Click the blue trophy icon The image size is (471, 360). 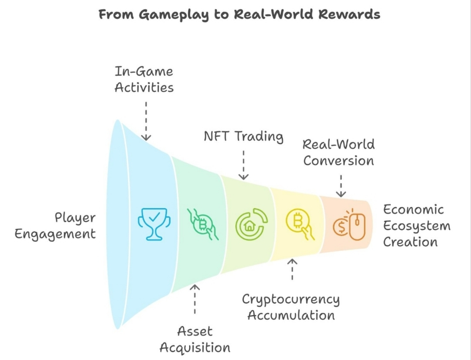click(154, 223)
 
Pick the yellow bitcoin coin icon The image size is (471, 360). click(300, 223)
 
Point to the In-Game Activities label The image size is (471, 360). click(144, 79)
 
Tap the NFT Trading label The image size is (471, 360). click(243, 137)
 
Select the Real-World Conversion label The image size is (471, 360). click(339, 152)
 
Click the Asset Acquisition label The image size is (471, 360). click(195, 339)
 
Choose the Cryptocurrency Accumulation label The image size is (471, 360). click(291, 307)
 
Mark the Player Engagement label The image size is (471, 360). click(55, 226)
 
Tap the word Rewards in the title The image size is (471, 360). click(349, 14)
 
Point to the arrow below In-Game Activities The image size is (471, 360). click(146, 121)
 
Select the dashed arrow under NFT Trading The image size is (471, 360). click(243, 165)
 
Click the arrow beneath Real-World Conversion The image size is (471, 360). click(341, 185)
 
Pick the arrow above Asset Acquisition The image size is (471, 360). click(195, 299)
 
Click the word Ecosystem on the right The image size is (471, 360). click(416, 226)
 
